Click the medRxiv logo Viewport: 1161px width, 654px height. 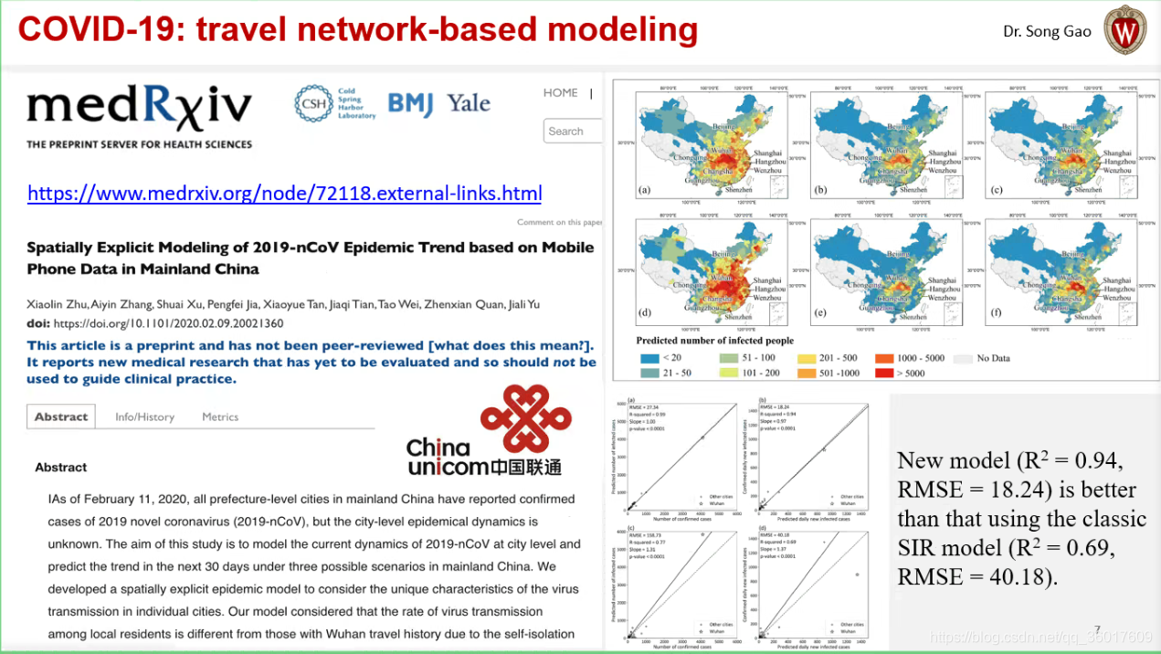139,110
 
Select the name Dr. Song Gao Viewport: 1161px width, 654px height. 1047,31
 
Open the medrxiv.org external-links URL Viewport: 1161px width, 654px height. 284,194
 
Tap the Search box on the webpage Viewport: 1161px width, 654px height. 573,132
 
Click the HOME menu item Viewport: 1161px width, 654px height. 560,92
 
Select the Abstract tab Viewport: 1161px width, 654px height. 61,417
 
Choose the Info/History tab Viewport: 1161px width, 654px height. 144,417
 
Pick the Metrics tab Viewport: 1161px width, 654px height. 220,417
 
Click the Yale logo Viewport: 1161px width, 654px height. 469,103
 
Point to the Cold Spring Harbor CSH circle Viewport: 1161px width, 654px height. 312,103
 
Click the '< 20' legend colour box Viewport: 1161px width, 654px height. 649,358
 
